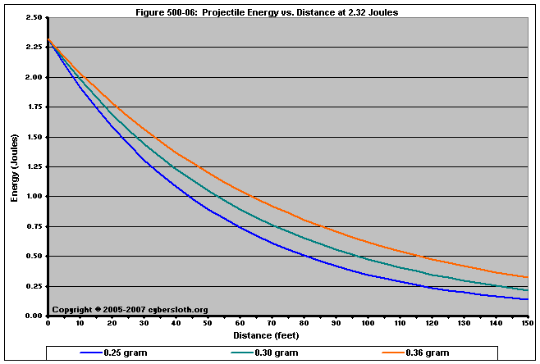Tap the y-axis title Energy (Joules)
[15, 167]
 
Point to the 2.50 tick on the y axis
[34, 17]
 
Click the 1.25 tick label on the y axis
[34, 166]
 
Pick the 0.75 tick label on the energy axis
[34, 226]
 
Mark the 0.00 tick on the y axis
[34, 316]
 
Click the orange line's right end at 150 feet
[525, 277]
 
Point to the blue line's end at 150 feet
[525, 299]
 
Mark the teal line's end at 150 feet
[525, 290]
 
